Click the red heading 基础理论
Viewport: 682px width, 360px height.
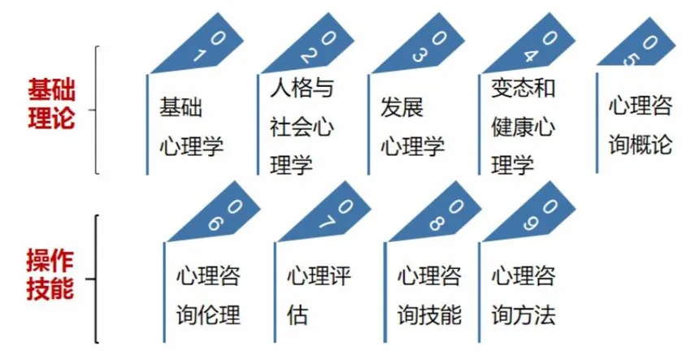(51, 103)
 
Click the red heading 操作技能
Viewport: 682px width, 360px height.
(51, 275)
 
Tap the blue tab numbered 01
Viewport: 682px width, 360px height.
(188, 46)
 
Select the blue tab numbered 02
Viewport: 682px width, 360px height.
(300, 46)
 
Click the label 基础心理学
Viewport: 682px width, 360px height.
(191, 127)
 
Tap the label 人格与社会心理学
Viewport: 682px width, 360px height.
(301, 127)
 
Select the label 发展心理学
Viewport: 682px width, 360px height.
(412, 127)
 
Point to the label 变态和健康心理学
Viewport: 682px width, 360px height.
(523, 127)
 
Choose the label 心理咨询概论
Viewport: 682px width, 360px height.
(641, 127)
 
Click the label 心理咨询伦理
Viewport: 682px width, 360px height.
(208, 295)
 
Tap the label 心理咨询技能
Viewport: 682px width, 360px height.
(428, 295)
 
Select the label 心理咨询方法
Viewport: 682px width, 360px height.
(523, 295)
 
